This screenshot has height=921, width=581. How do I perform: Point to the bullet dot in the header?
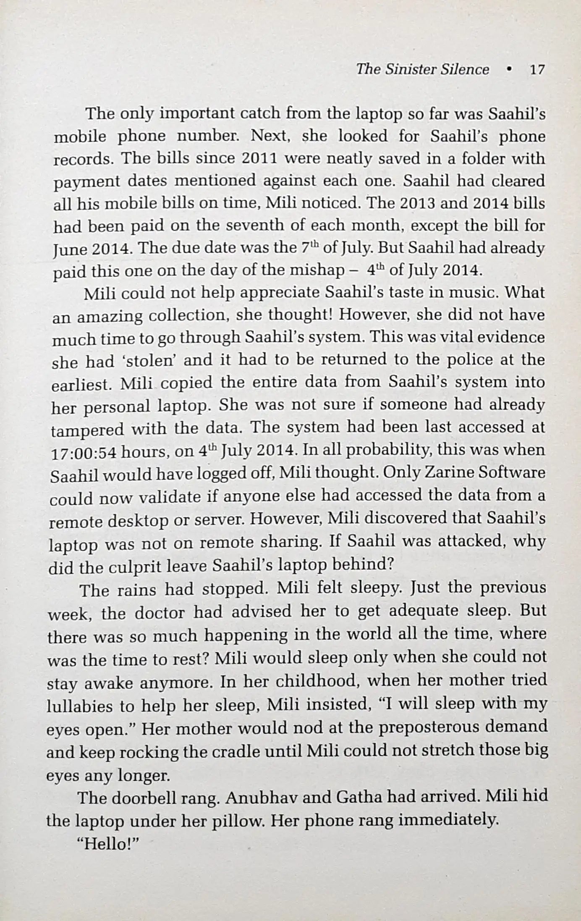(x=509, y=70)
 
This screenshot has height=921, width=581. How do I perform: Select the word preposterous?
(x=435, y=727)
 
